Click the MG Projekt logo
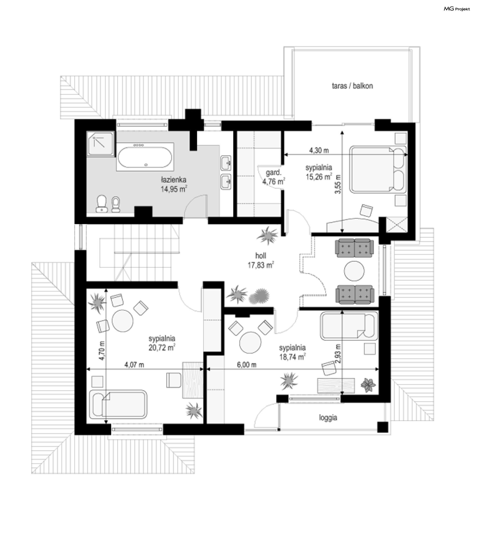click(x=457, y=9)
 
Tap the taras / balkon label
click(x=352, y=86)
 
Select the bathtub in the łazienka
click(x=145, y=157)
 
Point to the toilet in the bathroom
click(x=102, y=204)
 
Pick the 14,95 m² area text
click(x=174, y=189)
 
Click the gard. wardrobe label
click(x=273, y=172)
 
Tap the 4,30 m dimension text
click(x=319, y=150)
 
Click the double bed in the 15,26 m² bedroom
click(x=378, y=169)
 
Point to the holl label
click(x=261, y=256)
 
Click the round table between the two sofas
click(x=354, y=271)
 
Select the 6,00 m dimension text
click(x=247, y=365)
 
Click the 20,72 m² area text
click(x=162, y=347)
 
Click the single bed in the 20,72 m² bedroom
click(x=118, y=404)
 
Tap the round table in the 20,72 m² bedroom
click(x=122, y=321)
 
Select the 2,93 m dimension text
click(x=338, y=354)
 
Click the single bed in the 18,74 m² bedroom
click(x=349, y=326)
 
